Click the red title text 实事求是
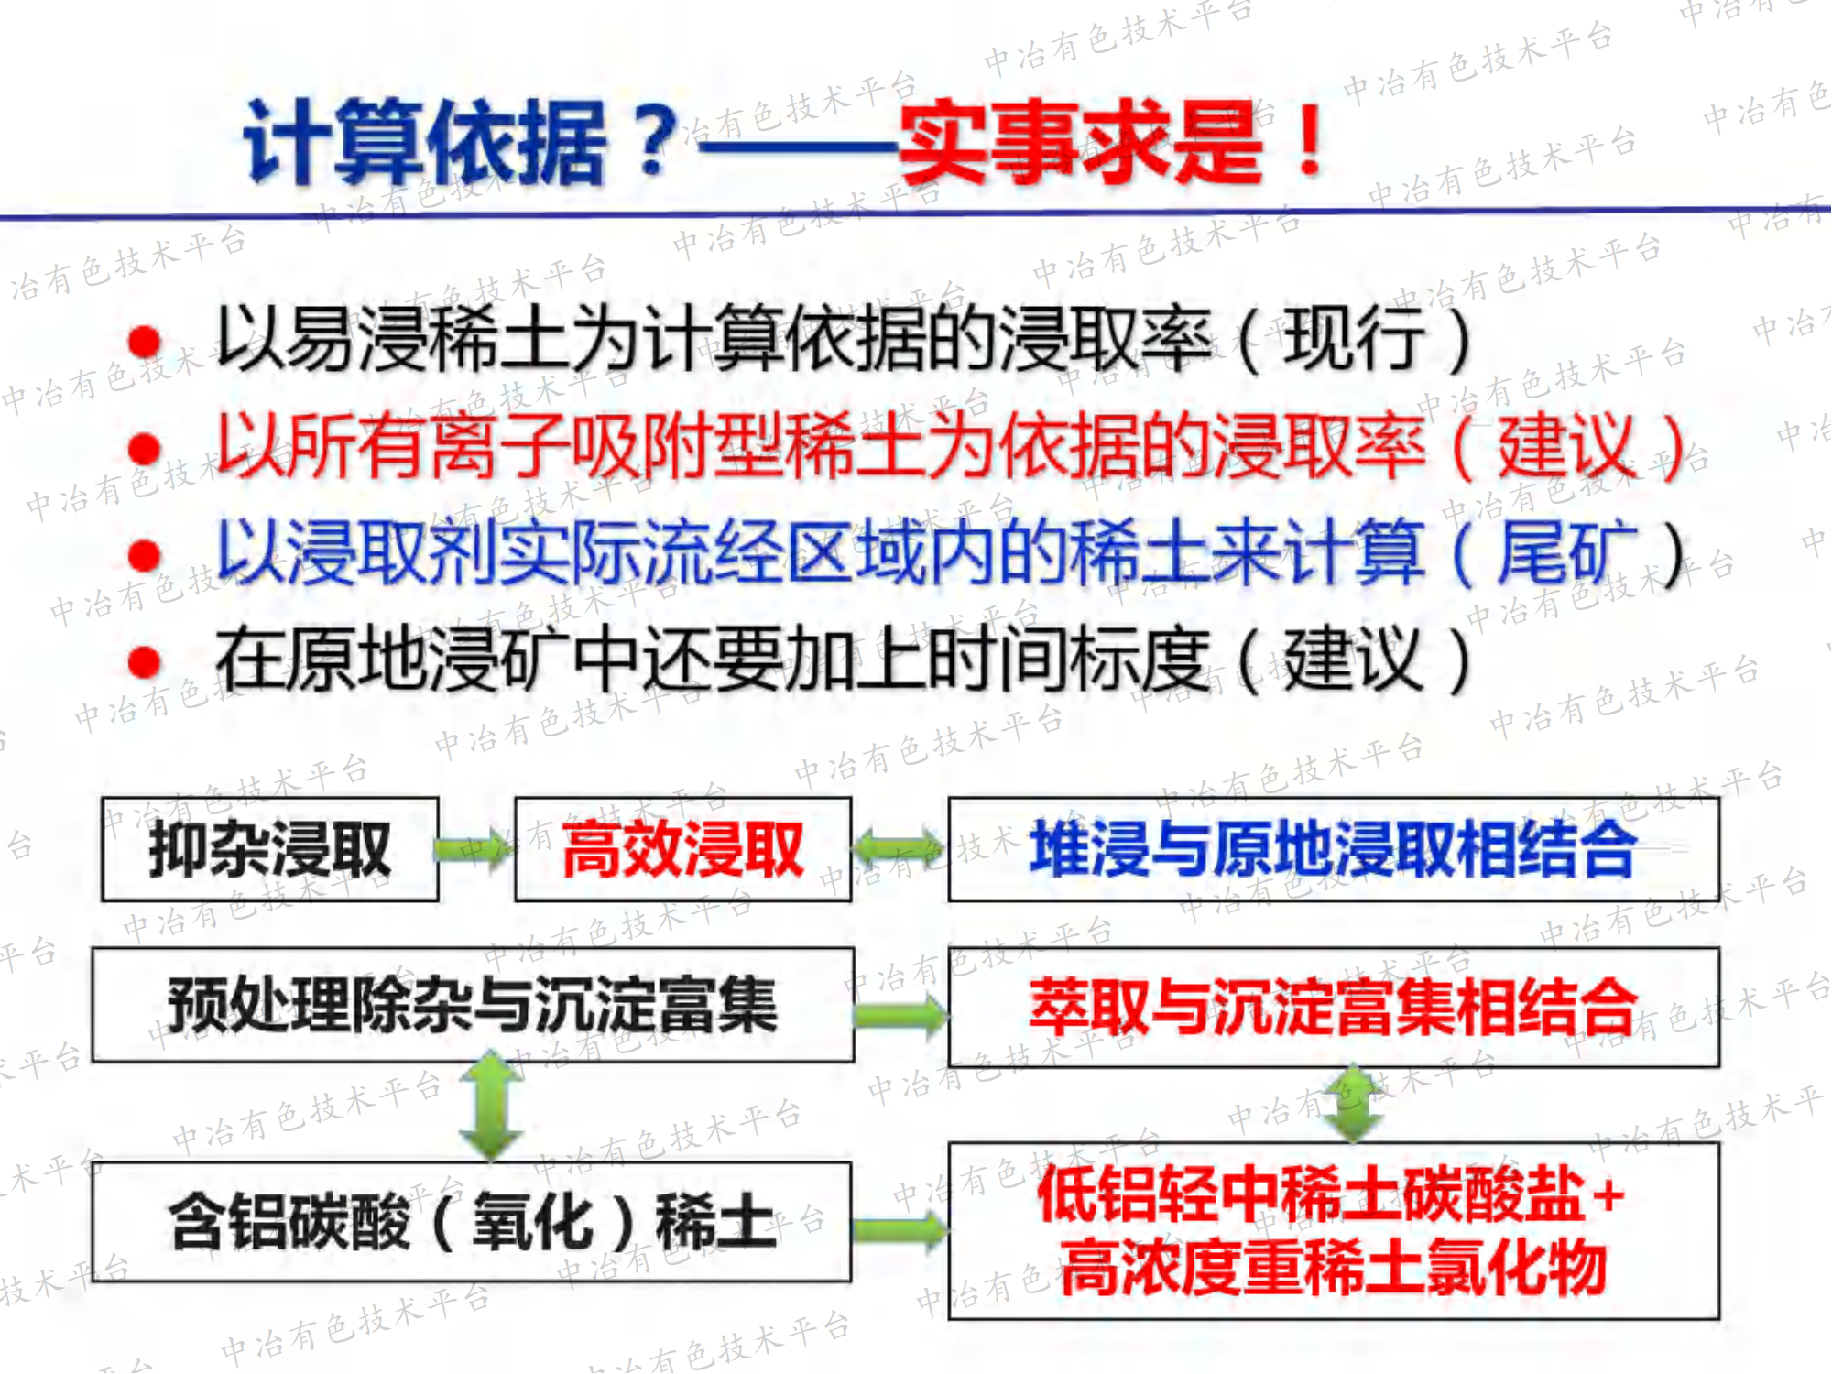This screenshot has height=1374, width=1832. (x=1081, y=142)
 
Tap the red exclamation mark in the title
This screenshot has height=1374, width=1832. (x=1311, y=140)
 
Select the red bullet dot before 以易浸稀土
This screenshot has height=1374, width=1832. (x=145, y=342)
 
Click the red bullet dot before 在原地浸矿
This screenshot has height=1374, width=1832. (x=145, y=661)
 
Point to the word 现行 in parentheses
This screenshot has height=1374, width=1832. (x=1353, y=339)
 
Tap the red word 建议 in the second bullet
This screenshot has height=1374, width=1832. (x=1567, y=446)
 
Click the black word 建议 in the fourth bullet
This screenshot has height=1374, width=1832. (x=1353, y=660)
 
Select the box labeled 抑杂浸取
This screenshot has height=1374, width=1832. (x=270, y=849)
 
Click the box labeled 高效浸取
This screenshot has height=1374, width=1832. (x=683, y=849)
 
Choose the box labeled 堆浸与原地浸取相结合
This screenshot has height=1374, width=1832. (x=1334, y=849)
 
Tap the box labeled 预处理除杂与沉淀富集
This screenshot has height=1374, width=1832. (x=473, y=1005)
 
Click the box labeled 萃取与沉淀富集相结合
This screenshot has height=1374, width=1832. (x=1334, y=1007)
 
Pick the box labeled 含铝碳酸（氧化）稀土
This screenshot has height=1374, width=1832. (x=472, y=1222)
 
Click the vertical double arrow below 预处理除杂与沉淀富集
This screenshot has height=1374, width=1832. (x=492, y=1106)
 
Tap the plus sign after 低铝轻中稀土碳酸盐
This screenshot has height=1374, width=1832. (x=1608, y=1195)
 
